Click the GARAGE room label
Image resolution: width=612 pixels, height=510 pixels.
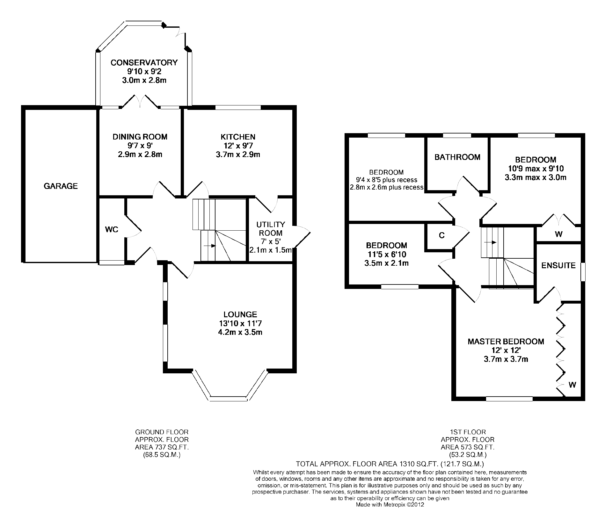point(61,186)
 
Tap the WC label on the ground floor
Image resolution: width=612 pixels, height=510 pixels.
point(112,230)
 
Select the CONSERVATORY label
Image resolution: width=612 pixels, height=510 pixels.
point(144,62)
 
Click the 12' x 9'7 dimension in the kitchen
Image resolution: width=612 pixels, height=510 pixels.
point(238,146)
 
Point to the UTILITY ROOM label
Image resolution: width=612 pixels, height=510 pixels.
point(271,229)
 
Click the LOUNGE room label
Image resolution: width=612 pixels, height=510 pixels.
point(240,315)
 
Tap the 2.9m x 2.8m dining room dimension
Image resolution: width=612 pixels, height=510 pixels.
point(140,155)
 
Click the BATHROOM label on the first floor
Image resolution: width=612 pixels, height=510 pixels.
point(457,157)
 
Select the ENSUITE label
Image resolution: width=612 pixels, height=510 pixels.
point(558,266)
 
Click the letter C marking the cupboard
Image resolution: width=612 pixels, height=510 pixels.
point(441,235)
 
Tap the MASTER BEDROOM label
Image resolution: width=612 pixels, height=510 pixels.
point(506,342)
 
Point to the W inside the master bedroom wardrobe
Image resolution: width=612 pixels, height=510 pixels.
point(572,385)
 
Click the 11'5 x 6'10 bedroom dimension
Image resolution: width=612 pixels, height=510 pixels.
point(386,255)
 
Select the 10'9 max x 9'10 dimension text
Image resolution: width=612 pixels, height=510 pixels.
point(535,169)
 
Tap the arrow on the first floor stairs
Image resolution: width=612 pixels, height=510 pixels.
point(491,242)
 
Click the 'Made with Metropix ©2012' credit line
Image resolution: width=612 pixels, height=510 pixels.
point(390,505)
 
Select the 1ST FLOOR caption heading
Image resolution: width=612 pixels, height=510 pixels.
point(468,432)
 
